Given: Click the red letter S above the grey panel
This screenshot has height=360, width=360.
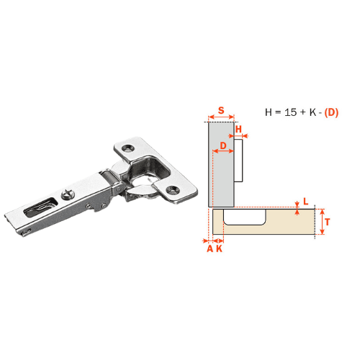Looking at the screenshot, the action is (x=221, y=110).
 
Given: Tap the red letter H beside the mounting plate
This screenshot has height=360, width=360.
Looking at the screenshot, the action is (x=238, y=130).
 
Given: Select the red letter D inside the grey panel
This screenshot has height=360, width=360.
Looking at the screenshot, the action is (x=223, y=145).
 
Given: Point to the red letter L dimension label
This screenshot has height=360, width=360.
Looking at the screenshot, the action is (x=305, y=202).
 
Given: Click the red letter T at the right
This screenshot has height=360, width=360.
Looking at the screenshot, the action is (x=328, y=222).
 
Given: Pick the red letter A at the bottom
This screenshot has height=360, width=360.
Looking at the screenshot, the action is (x=210, y=248).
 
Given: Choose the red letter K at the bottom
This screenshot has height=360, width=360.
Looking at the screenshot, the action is (x=220, y=248).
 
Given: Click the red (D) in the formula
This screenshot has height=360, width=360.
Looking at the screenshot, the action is (x=331, y=112).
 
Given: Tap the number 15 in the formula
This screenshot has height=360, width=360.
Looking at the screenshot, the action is (x=291, y=112).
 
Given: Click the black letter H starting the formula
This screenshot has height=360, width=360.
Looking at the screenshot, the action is (x=269, y=112).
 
